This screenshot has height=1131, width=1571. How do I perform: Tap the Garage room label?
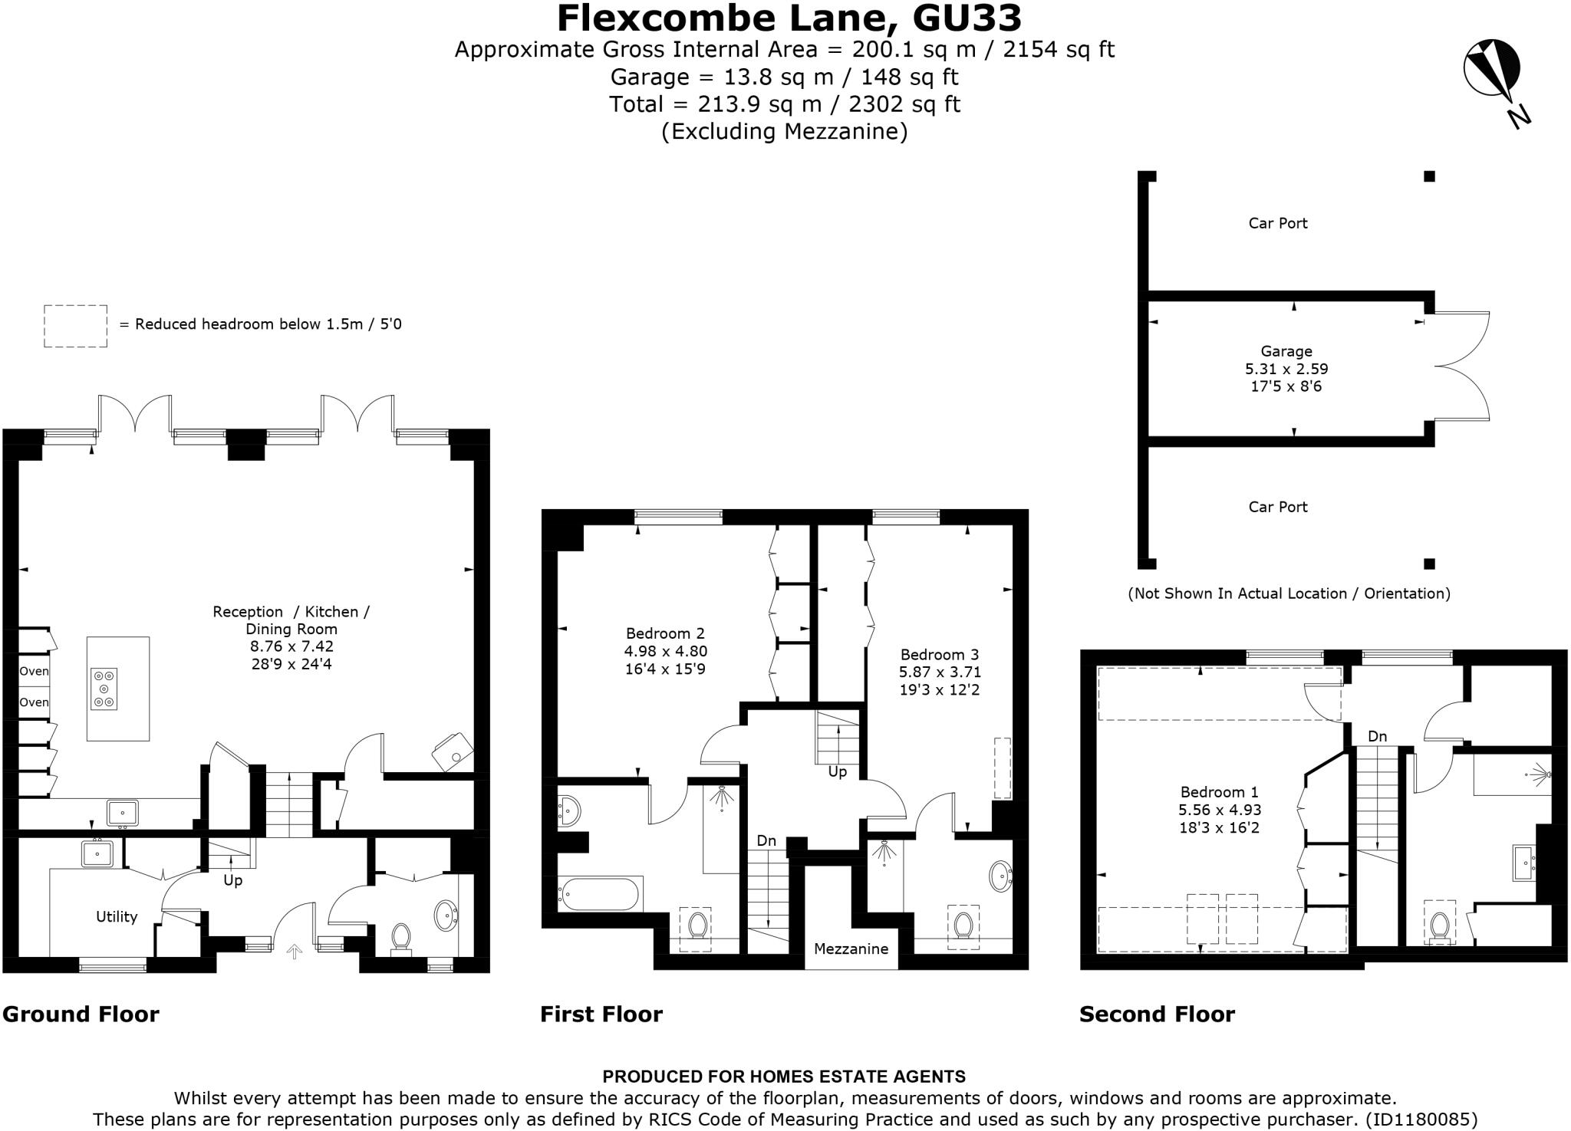(1286, 352)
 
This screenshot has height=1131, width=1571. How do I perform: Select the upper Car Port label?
(1277, 223)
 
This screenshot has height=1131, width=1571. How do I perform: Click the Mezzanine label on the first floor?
(851, 949)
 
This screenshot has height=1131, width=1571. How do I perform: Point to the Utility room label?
(117, 916)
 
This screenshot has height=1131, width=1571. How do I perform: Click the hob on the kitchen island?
(104, 689)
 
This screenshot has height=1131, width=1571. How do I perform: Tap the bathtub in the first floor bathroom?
(598, 893)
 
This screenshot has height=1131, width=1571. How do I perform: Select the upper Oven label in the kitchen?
(34, 671)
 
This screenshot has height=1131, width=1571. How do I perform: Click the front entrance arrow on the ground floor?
(294, 952)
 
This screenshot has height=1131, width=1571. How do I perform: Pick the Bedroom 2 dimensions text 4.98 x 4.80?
(665, 651)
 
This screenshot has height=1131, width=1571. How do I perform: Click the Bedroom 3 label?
(939, 655)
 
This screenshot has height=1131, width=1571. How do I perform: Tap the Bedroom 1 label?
(1219, 792)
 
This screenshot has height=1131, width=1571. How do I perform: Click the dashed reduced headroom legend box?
(75, 326)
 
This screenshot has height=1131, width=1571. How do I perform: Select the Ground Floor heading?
(81, 1014)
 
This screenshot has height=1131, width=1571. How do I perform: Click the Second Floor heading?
(1157, 1014)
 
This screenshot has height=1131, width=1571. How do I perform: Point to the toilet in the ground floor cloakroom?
(400, 937)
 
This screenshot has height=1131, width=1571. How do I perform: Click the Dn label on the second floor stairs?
(1377, 736)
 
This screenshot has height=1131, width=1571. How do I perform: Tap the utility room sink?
(97, 853)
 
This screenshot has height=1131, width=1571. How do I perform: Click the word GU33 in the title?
(967, 18)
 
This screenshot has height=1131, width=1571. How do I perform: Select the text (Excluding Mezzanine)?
(784, 131)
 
